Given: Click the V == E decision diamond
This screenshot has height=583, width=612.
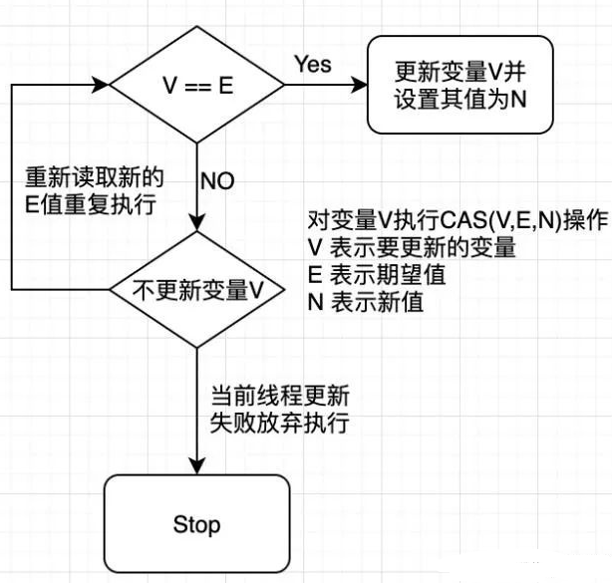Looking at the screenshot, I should [x=198, y=85].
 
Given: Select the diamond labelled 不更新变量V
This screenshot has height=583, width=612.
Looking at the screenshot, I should [x=198, y=290].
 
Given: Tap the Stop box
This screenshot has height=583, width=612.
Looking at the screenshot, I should [x=196, y=523].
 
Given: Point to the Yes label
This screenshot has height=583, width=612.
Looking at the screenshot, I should [x=312, y=64].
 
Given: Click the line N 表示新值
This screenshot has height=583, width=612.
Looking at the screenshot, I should [x=365, y=302].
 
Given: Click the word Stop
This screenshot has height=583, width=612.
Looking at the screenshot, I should [x=196, y=523].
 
